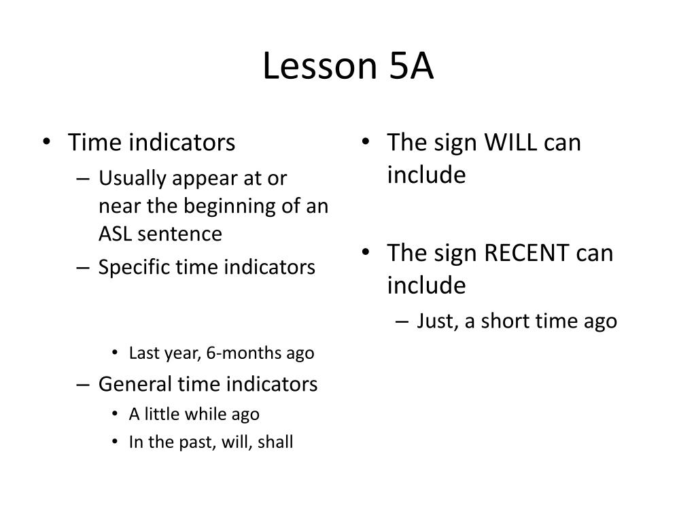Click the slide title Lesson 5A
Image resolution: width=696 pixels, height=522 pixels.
coord(348,67)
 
